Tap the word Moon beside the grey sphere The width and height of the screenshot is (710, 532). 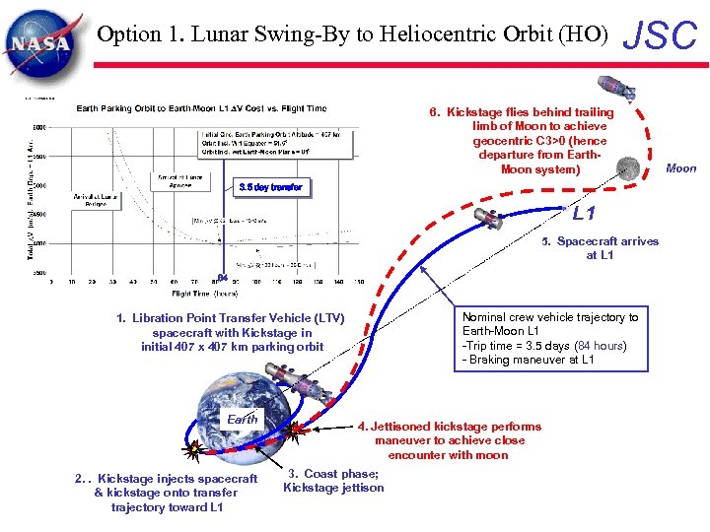pyautogui.click(x=680, y=168)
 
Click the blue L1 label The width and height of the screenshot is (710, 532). pyautogui.click(x=584, y=212)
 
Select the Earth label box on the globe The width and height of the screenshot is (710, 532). pyautogui.click(x=242, y=419)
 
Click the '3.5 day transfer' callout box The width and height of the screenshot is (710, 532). pyautogui.click(x=272, y=187)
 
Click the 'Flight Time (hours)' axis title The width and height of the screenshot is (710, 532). pyautogui.click(x=204, y=293)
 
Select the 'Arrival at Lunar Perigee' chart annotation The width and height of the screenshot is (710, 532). pyautogui.click(x=96, y=200)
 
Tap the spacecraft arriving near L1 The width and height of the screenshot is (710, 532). pyautogui.click(x=487, y=218)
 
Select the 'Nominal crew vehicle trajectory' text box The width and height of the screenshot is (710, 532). pyautogui.click(x=550, y=338)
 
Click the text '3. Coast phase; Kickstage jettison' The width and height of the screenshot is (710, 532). pyautogui.click(x=333, y=481)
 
